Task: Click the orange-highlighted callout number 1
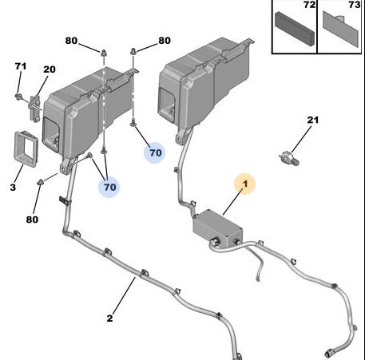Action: click(245, 184)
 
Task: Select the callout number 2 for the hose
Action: click(109, 318)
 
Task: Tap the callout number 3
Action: click(13, 188)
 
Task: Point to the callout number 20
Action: click(50, 69)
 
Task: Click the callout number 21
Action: click(313, 120)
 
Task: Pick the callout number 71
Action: click(21, 66)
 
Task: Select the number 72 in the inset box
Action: click(309, 5)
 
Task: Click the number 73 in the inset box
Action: click(355, 5)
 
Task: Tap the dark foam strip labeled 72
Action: click(295, 29)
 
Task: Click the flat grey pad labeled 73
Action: click(341, 30)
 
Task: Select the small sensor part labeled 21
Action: click(289, 158)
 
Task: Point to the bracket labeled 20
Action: click(34, 109)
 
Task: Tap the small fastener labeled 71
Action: click(18, 96)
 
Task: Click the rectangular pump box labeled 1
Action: click(217, 228)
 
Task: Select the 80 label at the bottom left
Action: click(32, 220)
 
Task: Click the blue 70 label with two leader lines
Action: click(109, 187)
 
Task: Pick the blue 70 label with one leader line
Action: click(155, 152)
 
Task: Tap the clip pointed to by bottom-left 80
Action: click(41, 182)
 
